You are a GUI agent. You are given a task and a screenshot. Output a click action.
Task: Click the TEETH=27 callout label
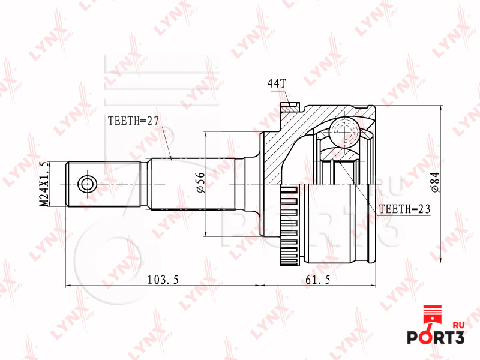click(x=133, y=121)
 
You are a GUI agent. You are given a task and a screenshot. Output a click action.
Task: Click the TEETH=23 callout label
click(x=404, y=209)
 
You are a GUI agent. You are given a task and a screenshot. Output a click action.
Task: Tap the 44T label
click(x=277, y=83)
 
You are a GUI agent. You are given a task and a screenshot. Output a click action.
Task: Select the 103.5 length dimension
click(x=163, y=280)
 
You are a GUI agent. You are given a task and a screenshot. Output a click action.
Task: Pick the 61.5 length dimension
click(x=318, y=280)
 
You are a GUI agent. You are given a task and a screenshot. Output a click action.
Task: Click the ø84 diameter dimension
click(x=435, y=182)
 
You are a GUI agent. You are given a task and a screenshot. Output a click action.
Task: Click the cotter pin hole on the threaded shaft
click(x=87, y=184)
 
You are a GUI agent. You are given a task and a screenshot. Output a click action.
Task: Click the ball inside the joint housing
click(x=344, y=132)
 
